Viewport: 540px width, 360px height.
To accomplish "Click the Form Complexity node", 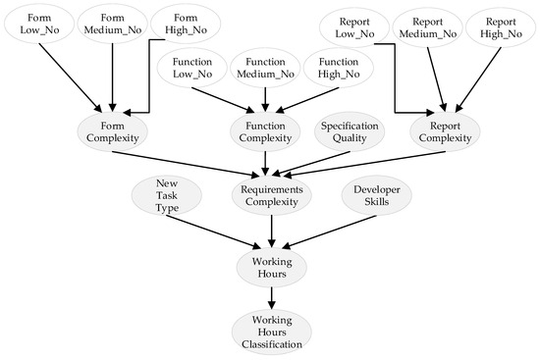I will click(x=115, y=132).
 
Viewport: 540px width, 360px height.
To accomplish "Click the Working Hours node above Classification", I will click(x=271, y=266).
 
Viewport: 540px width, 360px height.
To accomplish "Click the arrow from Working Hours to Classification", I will click(x=271, y=296).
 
